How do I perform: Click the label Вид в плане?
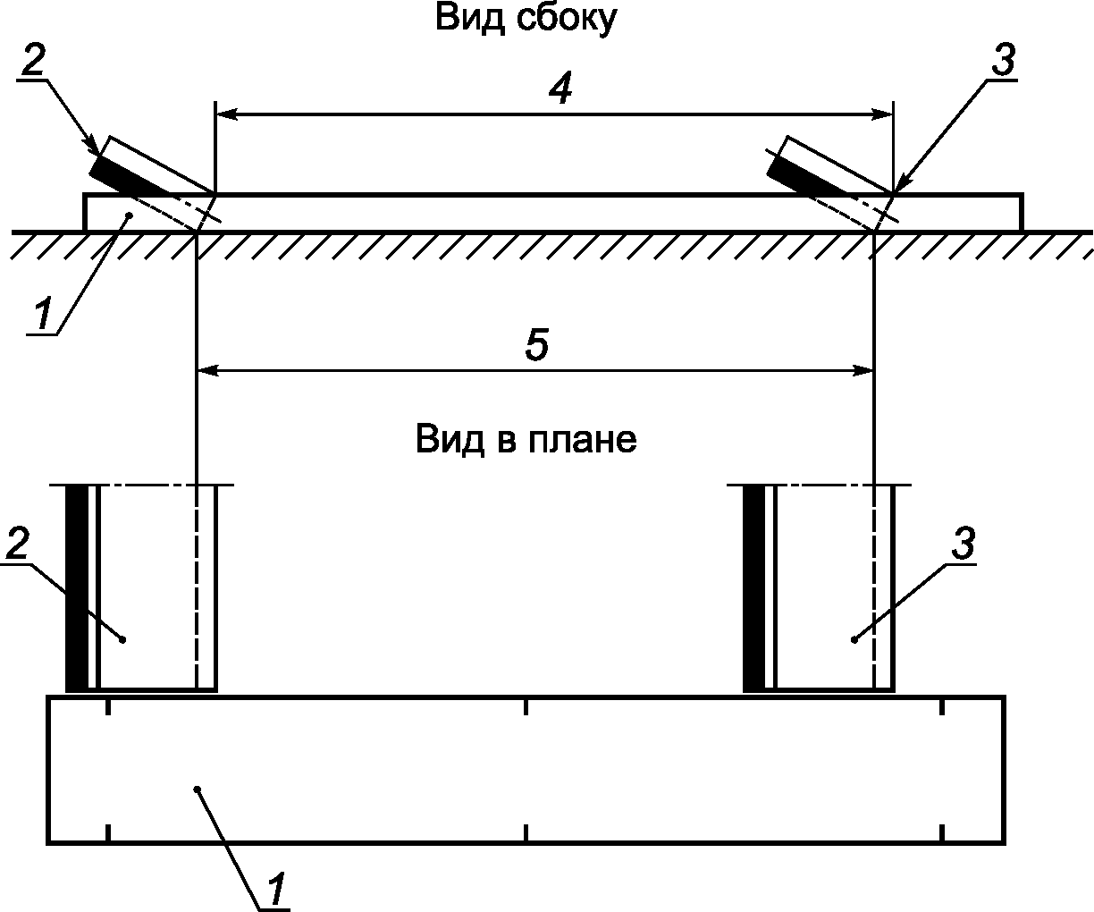coord(526,440)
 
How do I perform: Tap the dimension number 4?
coord(560,89)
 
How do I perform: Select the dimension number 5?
coord(536,345)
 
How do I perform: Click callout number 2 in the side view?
coord(32,61)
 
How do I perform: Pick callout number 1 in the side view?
coord(42,315)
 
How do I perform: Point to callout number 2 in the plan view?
coord(18,545)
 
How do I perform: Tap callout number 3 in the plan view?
coord(961,545)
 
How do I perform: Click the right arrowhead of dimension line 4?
coord(883,114)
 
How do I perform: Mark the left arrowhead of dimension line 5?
coord(206,367)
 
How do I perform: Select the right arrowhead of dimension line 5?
coord(863,367)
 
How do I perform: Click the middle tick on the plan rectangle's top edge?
coord(526,707)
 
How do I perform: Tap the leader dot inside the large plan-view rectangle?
coord(198,788)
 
